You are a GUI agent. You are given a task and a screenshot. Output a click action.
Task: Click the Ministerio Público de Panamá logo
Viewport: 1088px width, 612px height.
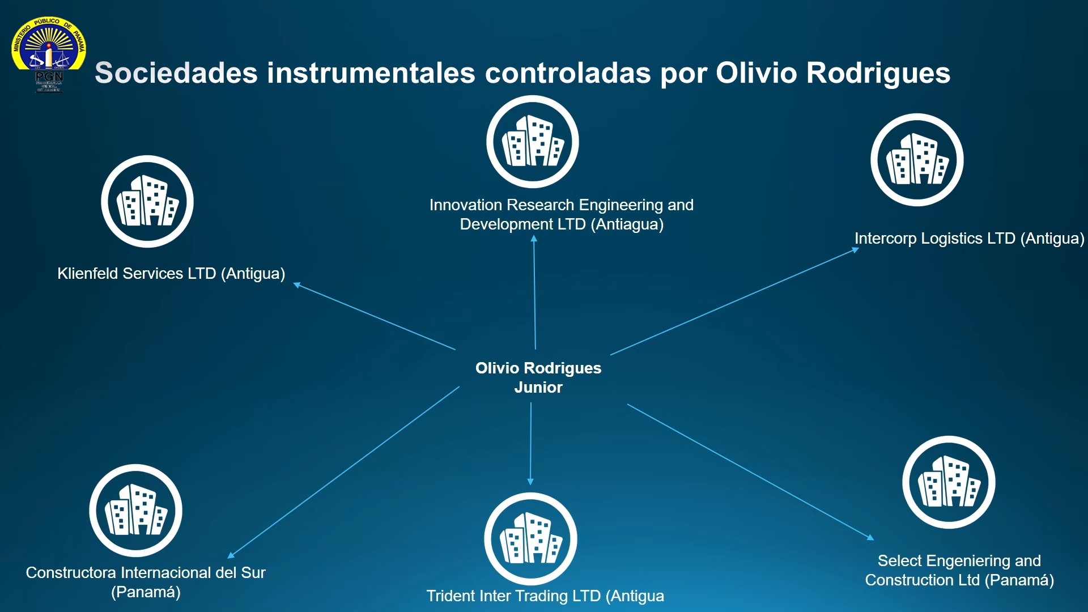click(x=49, y=54)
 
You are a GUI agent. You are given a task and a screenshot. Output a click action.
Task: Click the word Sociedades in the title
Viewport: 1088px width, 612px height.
click(x=176, y=73)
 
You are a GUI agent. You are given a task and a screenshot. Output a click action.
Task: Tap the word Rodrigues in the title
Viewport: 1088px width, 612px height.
click(x=878, y=74)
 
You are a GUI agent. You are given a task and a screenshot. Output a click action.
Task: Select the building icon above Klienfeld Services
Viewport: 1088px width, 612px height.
click(x=147, y=201)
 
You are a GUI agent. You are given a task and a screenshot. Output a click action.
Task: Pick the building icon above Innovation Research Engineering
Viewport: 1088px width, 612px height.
click(x=533, y=142)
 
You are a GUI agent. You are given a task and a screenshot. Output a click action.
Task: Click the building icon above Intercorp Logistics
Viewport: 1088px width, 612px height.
click(x=917, y=160)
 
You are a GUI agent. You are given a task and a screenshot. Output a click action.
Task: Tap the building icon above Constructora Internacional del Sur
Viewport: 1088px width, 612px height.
click(x=135, y=511)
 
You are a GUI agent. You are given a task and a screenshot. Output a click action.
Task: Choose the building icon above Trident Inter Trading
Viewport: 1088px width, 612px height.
click(x=530, y=539)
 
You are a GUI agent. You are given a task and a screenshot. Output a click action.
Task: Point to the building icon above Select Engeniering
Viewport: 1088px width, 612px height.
click(x=949, y=482)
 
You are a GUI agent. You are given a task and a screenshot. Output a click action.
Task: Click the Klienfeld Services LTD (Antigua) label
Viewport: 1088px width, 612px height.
click(x=171, y=274)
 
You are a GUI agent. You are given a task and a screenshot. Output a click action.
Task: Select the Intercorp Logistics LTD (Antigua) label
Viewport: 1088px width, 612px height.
click(x=970, y=239)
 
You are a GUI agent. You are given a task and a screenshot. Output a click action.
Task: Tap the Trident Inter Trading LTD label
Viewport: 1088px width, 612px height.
click(x=545, y=596)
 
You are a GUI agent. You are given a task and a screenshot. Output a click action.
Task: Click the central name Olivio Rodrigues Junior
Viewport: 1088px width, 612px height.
click(x=538, y=377)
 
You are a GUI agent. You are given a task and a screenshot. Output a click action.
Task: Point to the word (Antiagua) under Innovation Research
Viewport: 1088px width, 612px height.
click(x=627, y=224)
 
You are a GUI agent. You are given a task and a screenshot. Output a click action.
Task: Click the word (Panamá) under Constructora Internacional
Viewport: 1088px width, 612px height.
click(x=146, y=592)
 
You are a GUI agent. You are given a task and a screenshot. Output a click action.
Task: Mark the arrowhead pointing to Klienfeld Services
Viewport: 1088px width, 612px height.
click(x=296, y=284)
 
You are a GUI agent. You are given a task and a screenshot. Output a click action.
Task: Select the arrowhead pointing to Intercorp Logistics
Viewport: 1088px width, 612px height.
click(x=856, y=249)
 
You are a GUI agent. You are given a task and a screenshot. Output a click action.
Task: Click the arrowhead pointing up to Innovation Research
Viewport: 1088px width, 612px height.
click(x=534, y=239)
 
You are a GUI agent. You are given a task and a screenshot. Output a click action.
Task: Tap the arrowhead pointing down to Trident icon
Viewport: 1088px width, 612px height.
click(x=530, y=482)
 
